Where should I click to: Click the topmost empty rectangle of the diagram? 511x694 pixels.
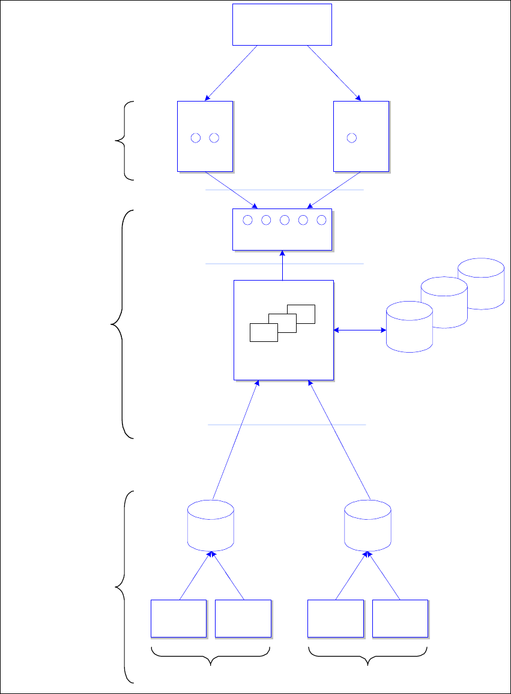point(282,24)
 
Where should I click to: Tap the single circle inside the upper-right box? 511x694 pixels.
point(352,138)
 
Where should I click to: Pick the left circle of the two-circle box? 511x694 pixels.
point(195,138)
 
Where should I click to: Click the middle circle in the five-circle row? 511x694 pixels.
point(285,221)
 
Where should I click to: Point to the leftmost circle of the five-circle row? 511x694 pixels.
point(247,221)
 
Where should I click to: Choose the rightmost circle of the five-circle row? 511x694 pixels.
point(321,221)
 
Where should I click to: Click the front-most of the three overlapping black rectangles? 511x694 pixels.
point(264,332)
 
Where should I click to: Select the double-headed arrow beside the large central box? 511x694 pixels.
point(360,330)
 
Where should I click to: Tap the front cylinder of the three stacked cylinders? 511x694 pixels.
point(409,327)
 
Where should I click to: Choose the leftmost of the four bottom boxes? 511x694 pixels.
point(178,618)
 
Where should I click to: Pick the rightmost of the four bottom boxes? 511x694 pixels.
point(400,618)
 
